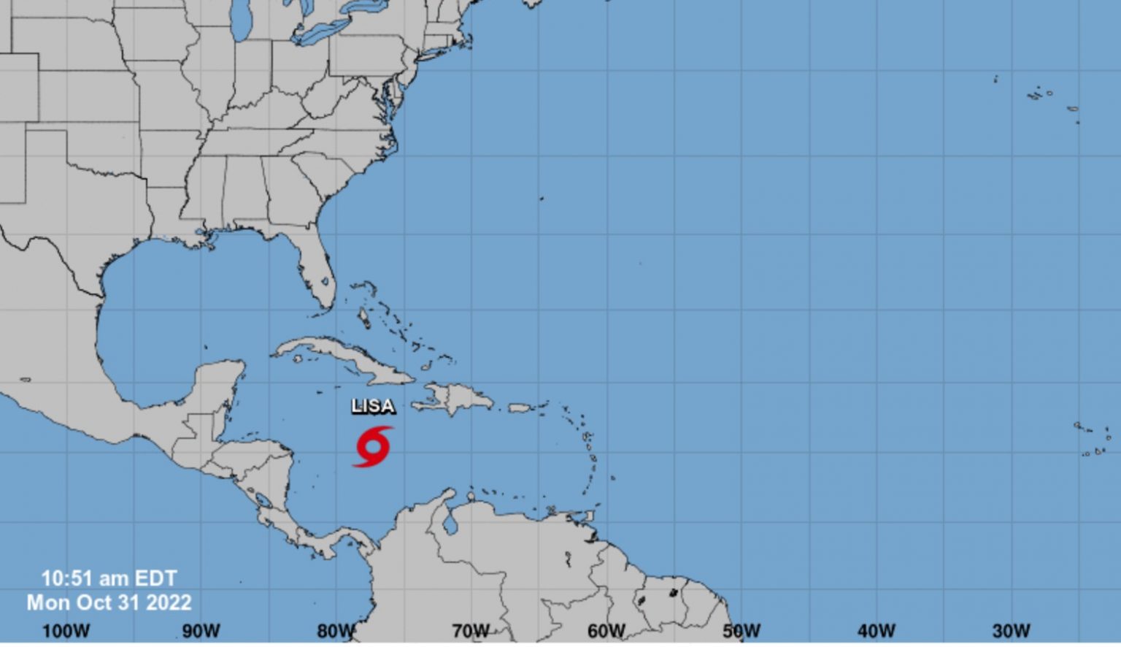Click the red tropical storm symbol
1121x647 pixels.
(x=373, y=446)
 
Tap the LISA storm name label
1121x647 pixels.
(x=373, y=406)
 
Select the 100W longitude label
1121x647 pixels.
(x=66, y=631)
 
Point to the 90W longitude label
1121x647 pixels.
(x=201, y=631)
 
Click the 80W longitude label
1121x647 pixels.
(x=336, y=631)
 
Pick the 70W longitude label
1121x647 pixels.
(x=471, y=631)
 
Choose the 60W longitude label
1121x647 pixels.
(x=606, y=631)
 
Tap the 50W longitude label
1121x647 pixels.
(x=741, y=631)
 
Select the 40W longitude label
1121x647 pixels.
(x=877, y=631)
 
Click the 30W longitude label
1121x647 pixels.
(x=1012, y=631)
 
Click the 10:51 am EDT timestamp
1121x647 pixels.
(x=109, y=578)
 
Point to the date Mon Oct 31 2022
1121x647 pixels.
(x=109, y=602)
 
